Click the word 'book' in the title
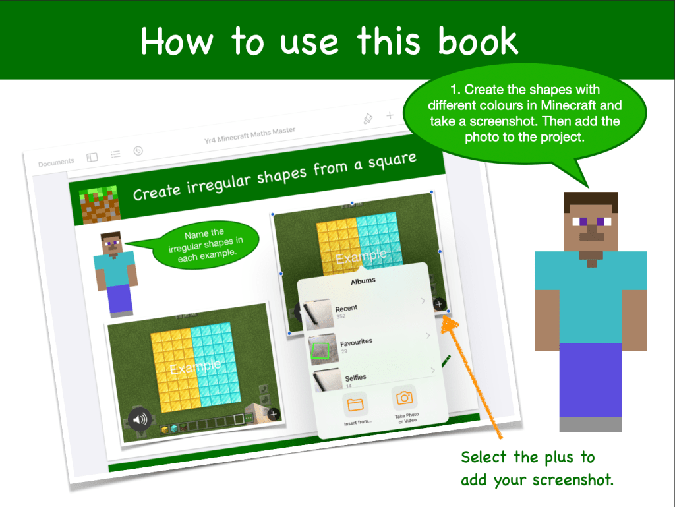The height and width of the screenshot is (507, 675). [478, 41]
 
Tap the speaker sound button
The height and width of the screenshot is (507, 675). [140, 419]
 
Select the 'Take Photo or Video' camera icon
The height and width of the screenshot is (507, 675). [404, 398]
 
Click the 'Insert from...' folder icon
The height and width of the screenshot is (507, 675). [355, 405]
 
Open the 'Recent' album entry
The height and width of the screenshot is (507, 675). [346, 308]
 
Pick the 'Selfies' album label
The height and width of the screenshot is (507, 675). [355, 378]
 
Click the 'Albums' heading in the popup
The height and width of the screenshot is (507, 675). [363, 282]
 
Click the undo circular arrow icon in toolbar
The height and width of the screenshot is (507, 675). [138, 150]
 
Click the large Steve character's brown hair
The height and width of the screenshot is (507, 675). [591, 201]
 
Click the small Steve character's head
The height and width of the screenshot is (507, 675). [111, 243]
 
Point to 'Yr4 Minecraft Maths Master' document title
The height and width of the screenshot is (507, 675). [250, 135]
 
